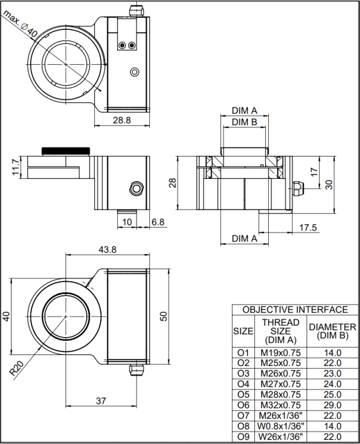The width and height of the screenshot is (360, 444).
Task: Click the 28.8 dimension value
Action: coord(122,120)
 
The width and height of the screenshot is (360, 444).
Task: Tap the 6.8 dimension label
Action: coord(158,222)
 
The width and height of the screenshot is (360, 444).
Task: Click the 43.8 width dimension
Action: coord(107,250)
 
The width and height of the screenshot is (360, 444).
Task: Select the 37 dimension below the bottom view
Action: coord(101,401)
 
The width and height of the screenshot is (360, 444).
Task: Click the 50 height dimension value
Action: coord(164,316)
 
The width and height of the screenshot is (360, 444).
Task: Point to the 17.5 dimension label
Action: coord(308,228)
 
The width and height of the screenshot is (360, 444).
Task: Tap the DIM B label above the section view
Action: coord(245,122)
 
